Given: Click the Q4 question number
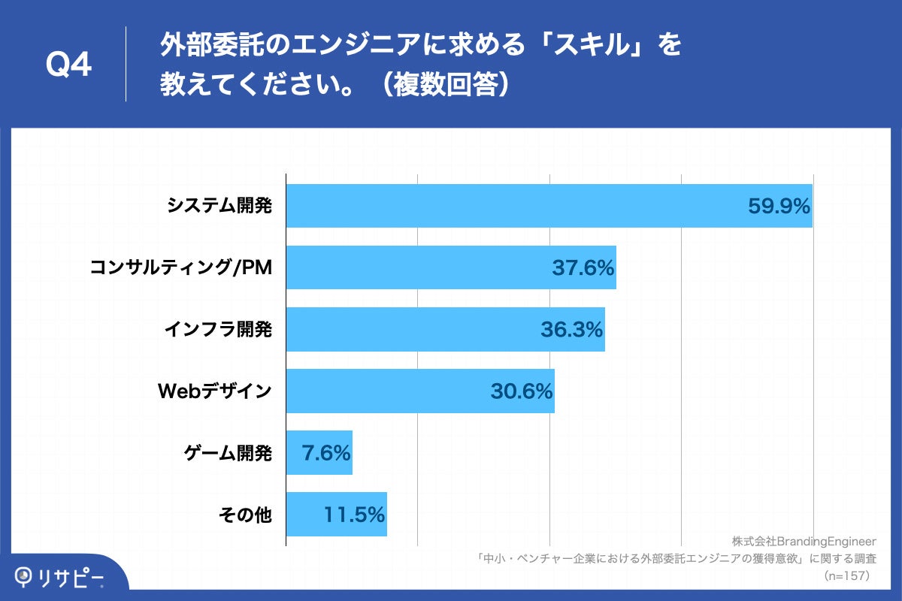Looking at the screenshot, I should pyautogui.click(x=68, y=66).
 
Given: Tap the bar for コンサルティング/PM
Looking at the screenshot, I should pyautogui.click(x=421, y=267).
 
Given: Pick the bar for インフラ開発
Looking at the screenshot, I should pyautogui.click(x=413, y=329).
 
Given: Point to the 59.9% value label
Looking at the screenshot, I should pyautogui.click(x=779, y=206).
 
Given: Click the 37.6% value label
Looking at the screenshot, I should pyautogui.click(x=583, y=267).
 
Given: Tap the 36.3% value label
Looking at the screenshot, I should pyautogui.click(x=571, y=329).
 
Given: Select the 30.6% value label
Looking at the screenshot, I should pyautogui.click(x=522, y=391).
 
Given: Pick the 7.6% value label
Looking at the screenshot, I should pyautogui.click(x=325, y=453).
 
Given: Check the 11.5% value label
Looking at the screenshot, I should pyautogui.click(x=354, y=515).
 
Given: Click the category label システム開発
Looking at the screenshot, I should pyautogui.click(x=219, y=206).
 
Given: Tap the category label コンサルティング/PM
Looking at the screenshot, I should pyautogui.click(x=180, y=267).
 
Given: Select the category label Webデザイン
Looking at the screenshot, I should pyautogui.click(x=214, y=391).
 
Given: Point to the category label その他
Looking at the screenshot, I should pyautogui.click(x=245, y=515).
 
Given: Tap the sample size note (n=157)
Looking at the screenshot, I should pyautogui.click(x=846, y=576).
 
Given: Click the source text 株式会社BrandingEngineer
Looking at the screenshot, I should pyautogui.click(x=804, y=542).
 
